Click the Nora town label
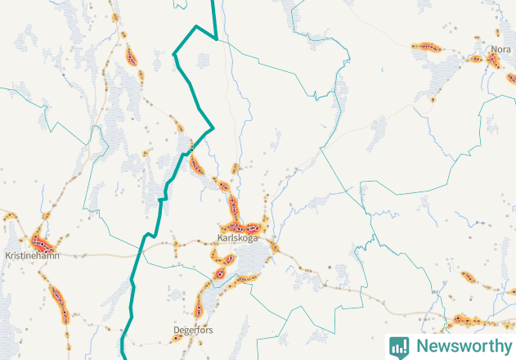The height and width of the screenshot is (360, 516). coord(500,50)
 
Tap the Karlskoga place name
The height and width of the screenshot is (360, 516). coord(238,238)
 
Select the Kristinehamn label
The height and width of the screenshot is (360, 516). coord(31,255)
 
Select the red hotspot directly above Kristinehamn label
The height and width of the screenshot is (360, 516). coord(43,243)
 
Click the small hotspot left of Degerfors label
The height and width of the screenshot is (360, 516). coord(177,336)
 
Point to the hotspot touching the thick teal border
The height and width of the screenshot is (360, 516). coord(195,163)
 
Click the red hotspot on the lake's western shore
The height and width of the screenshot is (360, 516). coord(221,271)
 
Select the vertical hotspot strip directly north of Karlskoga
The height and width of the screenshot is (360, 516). coord(233,205)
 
